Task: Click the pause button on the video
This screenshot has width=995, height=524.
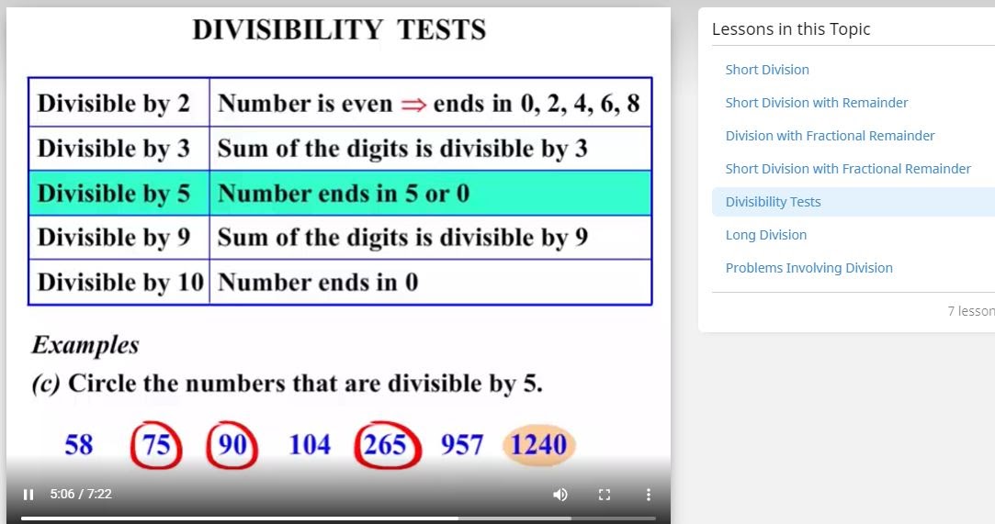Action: coord(28,495)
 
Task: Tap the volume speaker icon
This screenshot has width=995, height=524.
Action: coord(560,495)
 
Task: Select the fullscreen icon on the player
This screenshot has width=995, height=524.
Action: coord(604,495)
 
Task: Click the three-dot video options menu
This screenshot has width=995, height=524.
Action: coord(648,495)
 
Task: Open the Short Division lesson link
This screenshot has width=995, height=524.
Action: coord(767,70)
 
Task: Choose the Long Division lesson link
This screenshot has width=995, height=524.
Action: coord(766,235)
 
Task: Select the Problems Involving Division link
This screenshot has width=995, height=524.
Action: coord(808,268)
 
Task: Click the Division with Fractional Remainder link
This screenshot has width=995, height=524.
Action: coord(830,136)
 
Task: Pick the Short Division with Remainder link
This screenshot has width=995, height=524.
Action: coord(816,103)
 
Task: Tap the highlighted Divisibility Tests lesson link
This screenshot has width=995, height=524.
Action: coord(773,202)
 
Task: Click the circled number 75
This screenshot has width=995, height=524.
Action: coord(156,445)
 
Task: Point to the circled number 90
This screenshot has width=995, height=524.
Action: coord(232,445)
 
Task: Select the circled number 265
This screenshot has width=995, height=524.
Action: coord(386,445)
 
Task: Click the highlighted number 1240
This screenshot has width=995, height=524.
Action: coord(538,445)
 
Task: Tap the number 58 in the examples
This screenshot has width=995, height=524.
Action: coord(79,445)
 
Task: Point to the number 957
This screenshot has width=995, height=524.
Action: coord(461,445)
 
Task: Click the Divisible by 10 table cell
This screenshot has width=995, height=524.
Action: coord(119,283)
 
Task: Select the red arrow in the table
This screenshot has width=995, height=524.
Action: coord(413,105)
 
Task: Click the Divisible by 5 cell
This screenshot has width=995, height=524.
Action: coord(114,194)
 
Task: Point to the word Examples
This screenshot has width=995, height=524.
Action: coord(85,346)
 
